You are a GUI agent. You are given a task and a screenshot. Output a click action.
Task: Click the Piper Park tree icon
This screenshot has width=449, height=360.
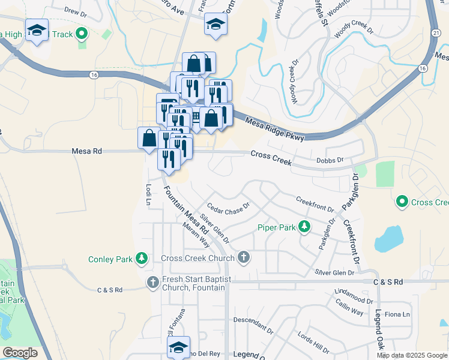pyautogui.click(x=305, y=227)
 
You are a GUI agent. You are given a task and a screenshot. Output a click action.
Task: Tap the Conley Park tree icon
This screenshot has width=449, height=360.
pyautogui.click(x=142, y=259)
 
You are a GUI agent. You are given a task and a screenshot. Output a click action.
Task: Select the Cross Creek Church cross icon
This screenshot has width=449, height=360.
pyautogui.click(x=243, y=258)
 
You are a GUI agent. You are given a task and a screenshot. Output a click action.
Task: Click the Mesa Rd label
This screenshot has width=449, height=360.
pyautogui.click(x=83, y=152)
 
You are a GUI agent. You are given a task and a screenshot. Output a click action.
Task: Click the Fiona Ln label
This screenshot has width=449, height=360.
pyautogui.click(x=397, y=314)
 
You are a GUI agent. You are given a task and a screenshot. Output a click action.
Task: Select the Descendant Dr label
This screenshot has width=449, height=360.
pyautogui.click(x=253, y=325)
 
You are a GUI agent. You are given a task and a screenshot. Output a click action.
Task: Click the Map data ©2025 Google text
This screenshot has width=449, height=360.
pyautogui.click(x=411, y=355)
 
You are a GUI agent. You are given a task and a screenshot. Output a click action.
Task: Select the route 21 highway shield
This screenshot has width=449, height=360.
pyautogui.click(x=436, y=34)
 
